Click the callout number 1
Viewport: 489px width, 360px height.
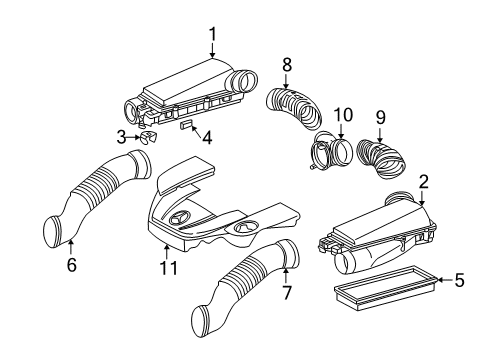(x=213, y=35)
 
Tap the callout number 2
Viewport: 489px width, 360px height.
(x=423, y=182)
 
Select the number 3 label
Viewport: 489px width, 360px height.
(x=122, y=137)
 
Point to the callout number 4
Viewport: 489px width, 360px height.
(x=207, y=138)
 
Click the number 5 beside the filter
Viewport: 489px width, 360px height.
(x=460, y=280)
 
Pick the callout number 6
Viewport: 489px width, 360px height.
(x=72, y=265)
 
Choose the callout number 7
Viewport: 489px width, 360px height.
(x=287, y=292)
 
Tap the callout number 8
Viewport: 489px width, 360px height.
(x=287, y=65)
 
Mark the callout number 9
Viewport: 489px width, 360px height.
(x=380, y=117)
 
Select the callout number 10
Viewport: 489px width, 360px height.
(x=343, y=115)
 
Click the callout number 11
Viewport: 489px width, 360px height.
(x=169, y=267)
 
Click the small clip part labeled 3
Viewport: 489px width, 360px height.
(x=148, y=137)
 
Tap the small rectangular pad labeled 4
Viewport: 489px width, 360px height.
(x=187, y=125)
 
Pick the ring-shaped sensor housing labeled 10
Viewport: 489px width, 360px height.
(x=333, y=151)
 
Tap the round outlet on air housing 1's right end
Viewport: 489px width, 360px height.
(x=247, y=82)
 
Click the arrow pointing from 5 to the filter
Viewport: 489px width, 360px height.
(x=445, y=280)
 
